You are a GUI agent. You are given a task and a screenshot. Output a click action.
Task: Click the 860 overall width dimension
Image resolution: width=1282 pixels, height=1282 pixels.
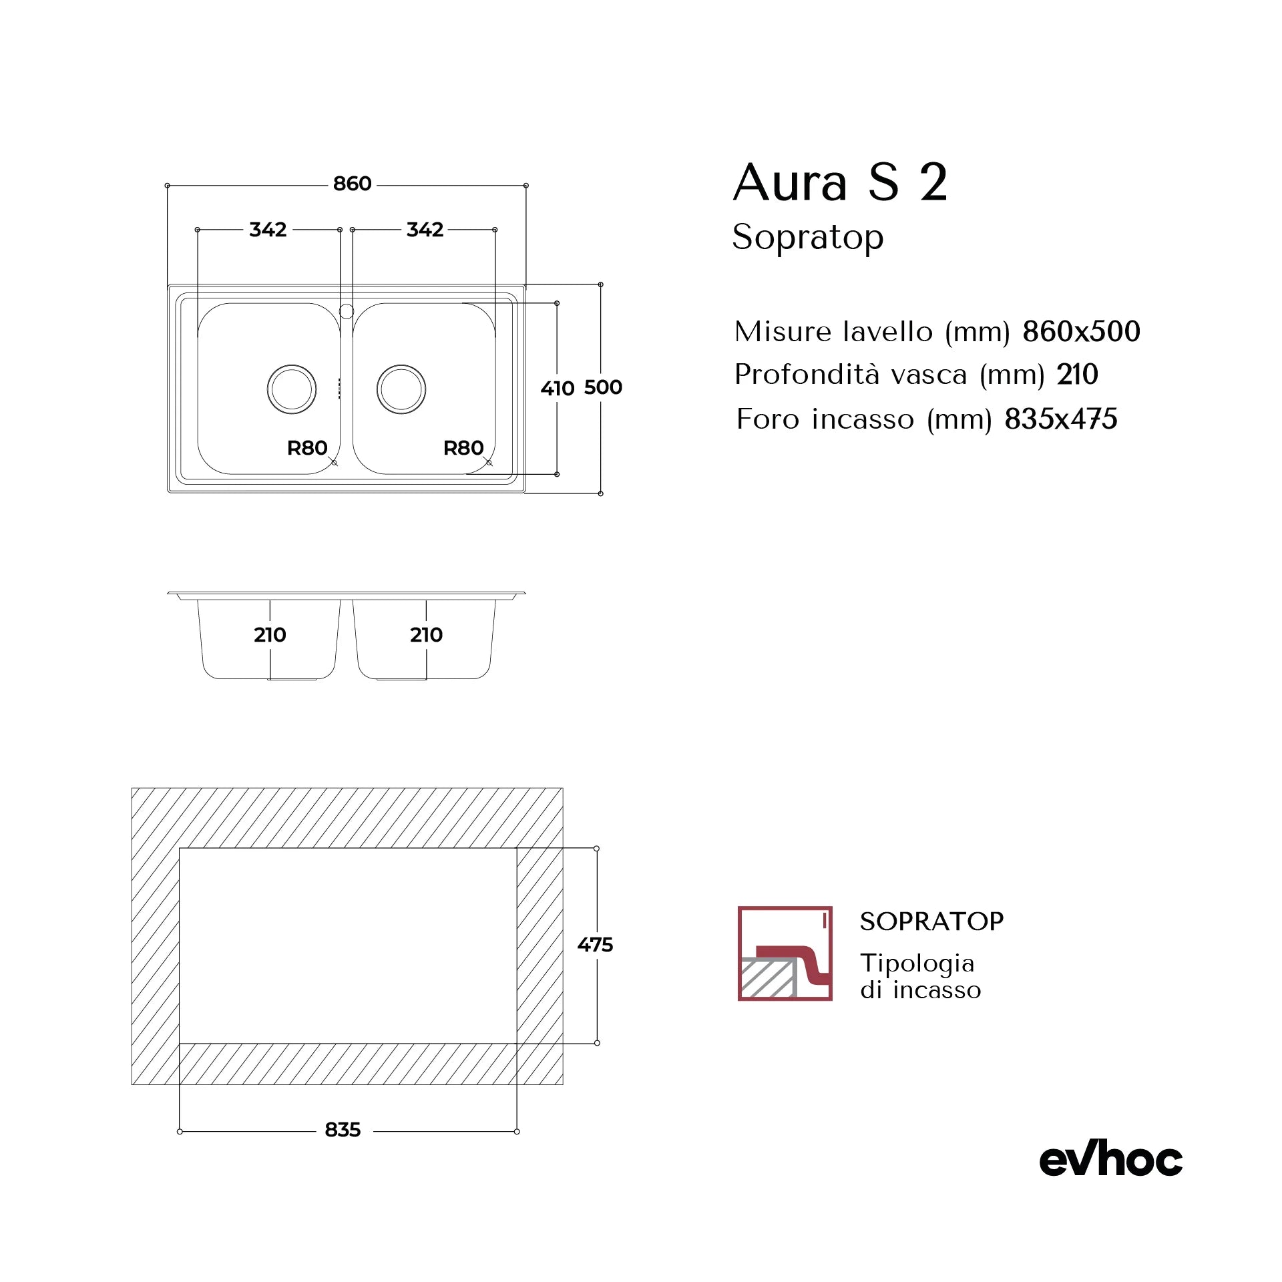pos(352,184)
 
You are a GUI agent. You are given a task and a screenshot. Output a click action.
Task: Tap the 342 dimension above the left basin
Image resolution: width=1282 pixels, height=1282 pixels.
pos(268,230)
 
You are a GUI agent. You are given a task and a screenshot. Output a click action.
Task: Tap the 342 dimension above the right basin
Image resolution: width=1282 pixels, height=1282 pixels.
pos(425,230)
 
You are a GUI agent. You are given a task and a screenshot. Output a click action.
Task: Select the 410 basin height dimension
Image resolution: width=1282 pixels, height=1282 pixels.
pos(558,388)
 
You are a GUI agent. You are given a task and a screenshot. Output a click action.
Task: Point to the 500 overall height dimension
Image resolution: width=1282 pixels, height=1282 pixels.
pos(603,387)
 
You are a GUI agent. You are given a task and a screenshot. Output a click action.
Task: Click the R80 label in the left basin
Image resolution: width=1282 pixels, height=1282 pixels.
pos(307,448)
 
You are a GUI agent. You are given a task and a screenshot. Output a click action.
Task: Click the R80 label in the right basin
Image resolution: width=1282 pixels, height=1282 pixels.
pos(463,448)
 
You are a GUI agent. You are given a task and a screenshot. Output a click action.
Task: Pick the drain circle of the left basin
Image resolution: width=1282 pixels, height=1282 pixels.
pos(292,389)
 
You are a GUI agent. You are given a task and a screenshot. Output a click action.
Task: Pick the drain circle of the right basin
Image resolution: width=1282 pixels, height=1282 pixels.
pos(401,389)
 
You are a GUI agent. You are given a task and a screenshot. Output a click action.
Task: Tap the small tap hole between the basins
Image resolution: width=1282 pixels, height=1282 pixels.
pos(347,311)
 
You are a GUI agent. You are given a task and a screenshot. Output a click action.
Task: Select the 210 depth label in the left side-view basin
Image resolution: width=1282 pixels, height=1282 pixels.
pos(270,635)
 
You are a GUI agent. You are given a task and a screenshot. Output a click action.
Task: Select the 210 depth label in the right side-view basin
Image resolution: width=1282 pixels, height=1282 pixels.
pos(426,635)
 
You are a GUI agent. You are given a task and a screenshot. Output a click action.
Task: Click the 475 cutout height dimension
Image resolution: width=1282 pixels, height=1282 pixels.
pos(595,945)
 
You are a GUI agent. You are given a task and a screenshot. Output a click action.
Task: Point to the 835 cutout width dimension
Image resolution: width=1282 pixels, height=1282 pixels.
pos(343,1130)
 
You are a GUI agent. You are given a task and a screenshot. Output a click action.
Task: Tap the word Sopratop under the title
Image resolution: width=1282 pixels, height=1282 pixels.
pos(808,237)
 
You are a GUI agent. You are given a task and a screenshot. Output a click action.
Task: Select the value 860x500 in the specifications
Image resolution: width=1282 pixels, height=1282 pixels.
pos(1081,332)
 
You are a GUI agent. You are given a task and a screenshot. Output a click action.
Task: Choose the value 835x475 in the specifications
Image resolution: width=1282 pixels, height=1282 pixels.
pos(1060,419)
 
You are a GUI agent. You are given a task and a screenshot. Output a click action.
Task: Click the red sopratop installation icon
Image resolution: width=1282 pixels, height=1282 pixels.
pos(785,953)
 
